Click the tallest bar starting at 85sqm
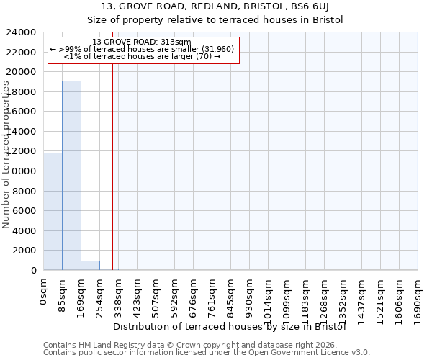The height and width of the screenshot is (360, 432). tap(71, 175)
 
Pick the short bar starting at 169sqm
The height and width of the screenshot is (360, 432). tap(90, 265)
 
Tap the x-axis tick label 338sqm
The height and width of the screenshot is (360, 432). tap(119, 293)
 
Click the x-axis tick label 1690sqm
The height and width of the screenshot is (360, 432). tap(418, 296)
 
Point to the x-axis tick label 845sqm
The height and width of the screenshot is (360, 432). tap(231, 293)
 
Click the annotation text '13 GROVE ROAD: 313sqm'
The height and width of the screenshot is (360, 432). tap(142, 42)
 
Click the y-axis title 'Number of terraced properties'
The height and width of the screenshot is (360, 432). tap(6, 155)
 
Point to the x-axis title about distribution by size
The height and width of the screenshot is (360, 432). tap(230, 326)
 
